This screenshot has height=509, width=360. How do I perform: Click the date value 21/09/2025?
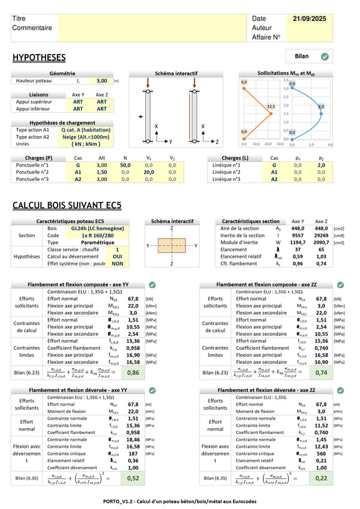point(310,19)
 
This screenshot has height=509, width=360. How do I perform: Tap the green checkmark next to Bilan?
point(325,57)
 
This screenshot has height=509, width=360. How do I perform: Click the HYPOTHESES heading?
point(39,58)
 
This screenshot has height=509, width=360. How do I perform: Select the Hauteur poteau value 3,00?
point(102,80)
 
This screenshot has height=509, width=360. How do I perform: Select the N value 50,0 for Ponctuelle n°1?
point(125,165)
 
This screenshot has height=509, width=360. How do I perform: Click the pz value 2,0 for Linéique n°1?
point(321,165)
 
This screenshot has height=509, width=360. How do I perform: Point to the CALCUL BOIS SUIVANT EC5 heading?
point(67,206)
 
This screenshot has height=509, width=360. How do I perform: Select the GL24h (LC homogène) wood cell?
point(86,228)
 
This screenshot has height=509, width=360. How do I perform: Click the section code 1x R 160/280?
point(86,236)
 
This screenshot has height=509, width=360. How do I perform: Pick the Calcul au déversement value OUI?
point(118,256)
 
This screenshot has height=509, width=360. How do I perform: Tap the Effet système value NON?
point(118,263)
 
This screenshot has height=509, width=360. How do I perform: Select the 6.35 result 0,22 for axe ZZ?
point(322,478)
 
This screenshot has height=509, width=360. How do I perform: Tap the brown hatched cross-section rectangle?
point(172,246)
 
